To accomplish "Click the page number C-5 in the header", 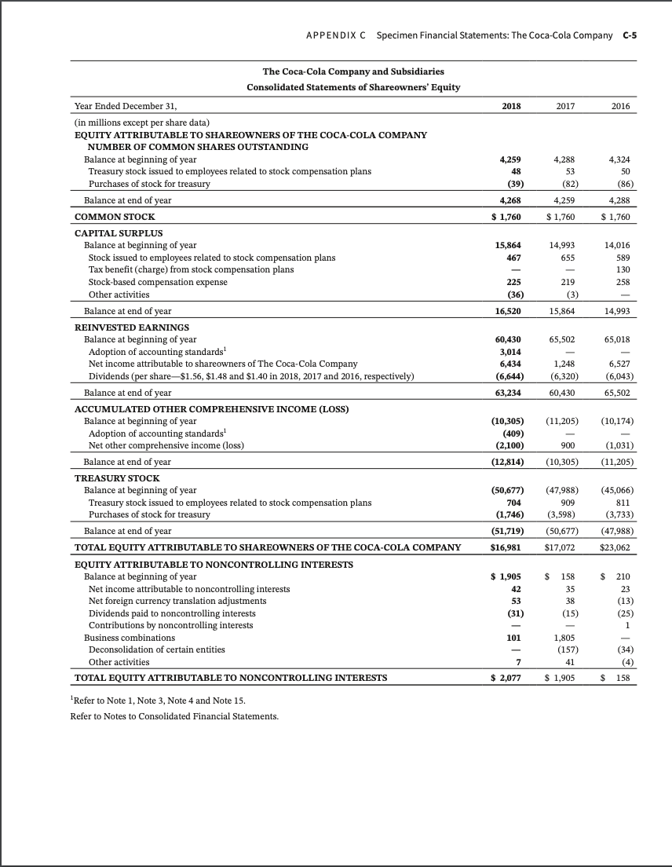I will [629, 36].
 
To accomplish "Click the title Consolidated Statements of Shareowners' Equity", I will [353, 86].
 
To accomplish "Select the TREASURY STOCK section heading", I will [116, 477].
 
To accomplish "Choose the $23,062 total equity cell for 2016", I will [618, 546].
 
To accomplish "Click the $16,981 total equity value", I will [508, 546].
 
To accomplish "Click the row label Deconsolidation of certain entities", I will [157, 649].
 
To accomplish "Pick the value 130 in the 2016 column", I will [625, 269].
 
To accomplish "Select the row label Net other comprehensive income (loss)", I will [166, 445].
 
